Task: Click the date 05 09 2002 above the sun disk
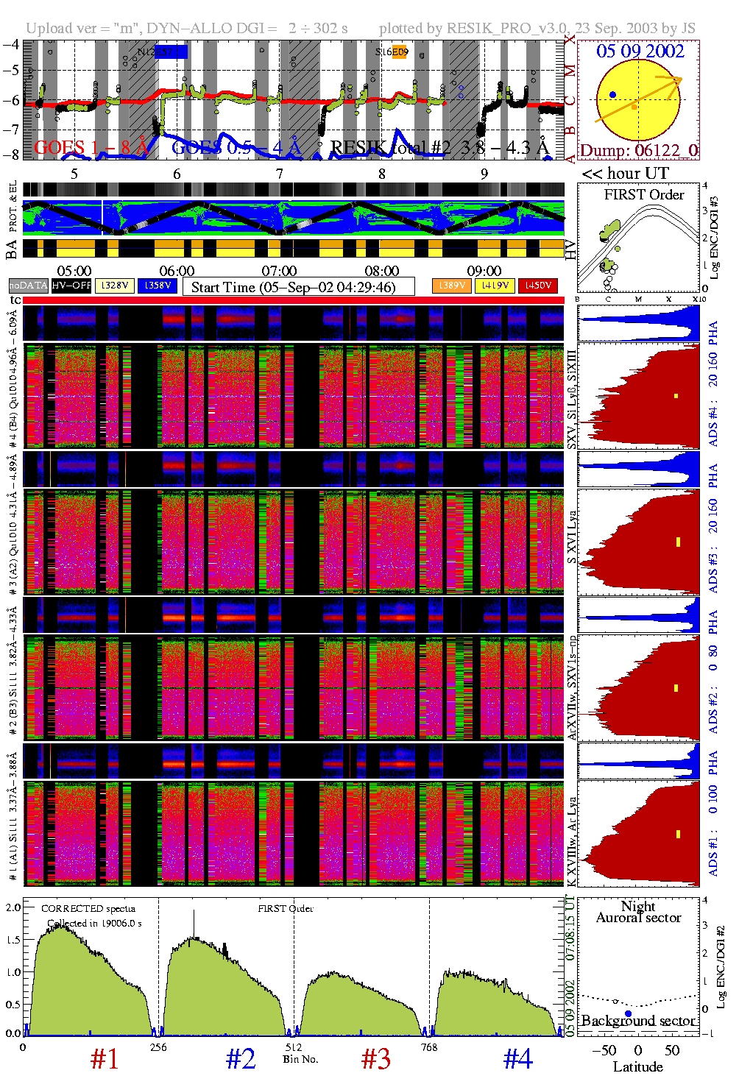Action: [640, 51]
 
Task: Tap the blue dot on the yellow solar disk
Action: [612, 95]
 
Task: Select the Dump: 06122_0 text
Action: [638, 150]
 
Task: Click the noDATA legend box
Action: [29, 286]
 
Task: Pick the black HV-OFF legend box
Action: [71, 286]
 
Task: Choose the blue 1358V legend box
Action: [158, 286]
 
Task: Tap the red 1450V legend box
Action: [538, 286]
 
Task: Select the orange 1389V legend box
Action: [451, 286]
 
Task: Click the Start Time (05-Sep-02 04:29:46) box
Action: [298, 287]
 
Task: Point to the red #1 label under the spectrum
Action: [105, 1059]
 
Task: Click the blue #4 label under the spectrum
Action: [518, 1059]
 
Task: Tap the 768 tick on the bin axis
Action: [428, 1047]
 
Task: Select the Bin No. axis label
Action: [300, 1059]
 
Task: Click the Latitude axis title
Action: [637, 1066]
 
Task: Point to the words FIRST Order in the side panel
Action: [644, 195]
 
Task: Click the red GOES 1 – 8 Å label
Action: [91, 148]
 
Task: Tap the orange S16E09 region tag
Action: [392, 52]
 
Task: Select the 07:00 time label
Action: [279, 272]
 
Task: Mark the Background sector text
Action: [638, 1021]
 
